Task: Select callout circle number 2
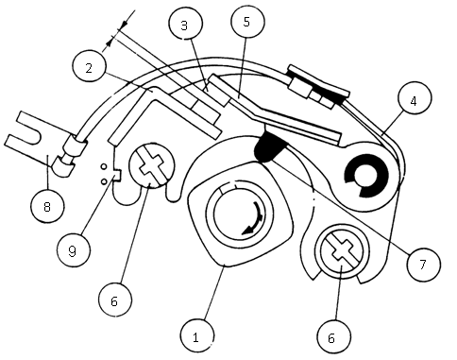pos(89,67)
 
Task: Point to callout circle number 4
pos(415,100)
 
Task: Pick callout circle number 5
pos(247,21)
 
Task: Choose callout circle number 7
pos(423,264)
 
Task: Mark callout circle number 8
pos(47,206)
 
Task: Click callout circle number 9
pos(73,250)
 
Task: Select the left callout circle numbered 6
pos(115,300)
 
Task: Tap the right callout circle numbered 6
pos(333,337)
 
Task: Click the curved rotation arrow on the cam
pos(255,219)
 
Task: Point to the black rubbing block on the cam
pos(271,147)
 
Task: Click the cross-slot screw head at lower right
pos(342,251)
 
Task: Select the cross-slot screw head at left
pos(151,164)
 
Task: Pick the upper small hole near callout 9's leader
pos(104,166)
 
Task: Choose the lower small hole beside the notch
pos(104,181)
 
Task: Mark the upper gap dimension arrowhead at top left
pos(126,24)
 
